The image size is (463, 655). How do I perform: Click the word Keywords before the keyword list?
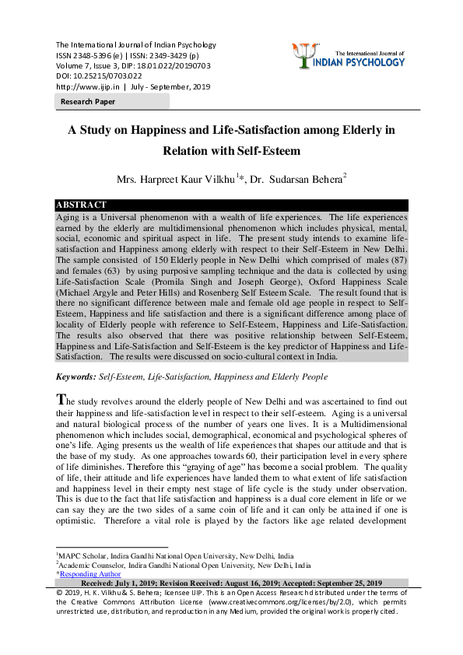75,376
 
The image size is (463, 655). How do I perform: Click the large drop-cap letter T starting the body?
61,399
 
